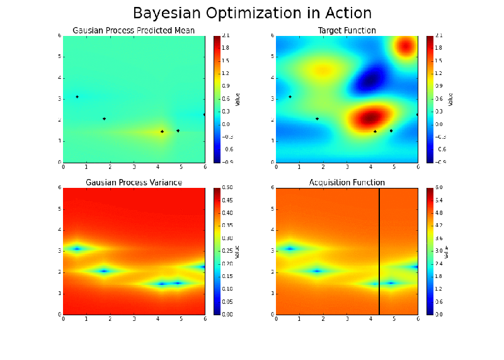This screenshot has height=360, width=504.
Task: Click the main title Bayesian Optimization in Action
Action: (252, 13)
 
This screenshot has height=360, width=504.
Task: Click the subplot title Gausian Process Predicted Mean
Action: (134, 30)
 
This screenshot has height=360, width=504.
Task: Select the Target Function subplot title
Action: (347, 30)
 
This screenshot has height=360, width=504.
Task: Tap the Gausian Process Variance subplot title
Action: (134, 183)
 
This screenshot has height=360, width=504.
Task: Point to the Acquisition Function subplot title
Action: (347, 183)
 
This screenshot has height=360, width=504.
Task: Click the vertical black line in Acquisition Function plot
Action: (379, 252)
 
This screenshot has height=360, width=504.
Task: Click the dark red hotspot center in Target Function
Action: (371, 117)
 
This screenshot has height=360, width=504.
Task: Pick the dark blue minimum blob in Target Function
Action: (371, 80)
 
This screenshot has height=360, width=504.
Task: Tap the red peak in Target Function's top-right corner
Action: (406, 45)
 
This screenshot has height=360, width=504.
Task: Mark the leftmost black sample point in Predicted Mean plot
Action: (77, 96)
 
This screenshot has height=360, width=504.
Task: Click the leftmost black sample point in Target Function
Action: (290, 96)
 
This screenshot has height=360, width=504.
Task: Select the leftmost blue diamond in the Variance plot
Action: (77, 248)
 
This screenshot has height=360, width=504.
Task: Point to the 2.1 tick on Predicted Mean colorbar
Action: (226, 36)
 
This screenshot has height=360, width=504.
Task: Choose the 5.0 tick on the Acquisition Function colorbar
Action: (439, 189)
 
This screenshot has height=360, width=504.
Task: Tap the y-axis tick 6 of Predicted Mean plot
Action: (60, 36)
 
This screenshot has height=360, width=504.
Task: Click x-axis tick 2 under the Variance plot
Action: (110, 319)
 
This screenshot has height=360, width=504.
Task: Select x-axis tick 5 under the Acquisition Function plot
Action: (394, 319)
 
